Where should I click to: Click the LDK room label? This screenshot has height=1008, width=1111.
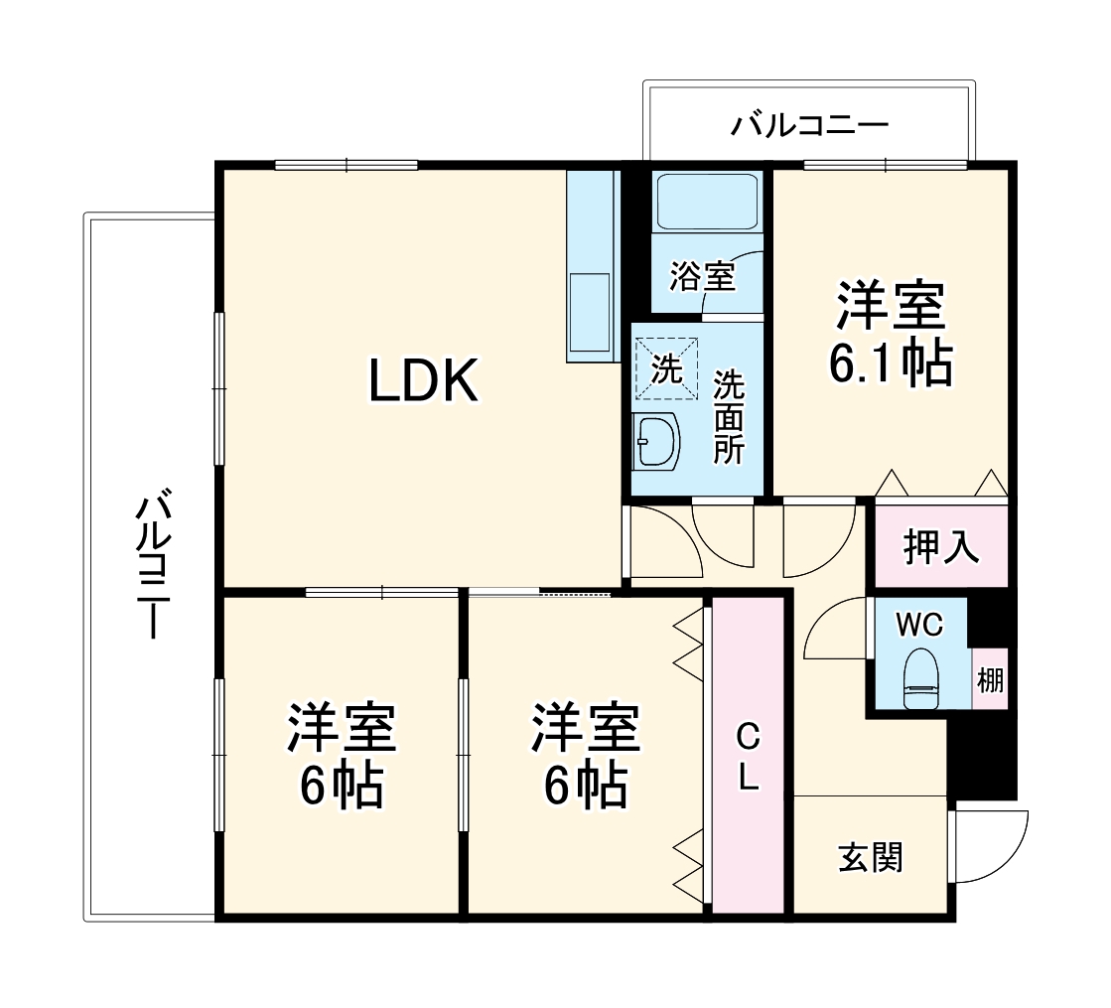(424, 381)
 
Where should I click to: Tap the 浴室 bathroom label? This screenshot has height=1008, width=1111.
(702, 277)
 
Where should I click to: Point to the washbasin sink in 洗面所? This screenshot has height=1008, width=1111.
(656, 440)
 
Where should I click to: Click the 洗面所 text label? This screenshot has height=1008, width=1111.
(730, 417)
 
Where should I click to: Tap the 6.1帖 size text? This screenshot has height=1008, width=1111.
(891, 365)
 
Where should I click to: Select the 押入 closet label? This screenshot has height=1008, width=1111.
(940, 547)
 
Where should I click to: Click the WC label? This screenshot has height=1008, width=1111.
(918, 625)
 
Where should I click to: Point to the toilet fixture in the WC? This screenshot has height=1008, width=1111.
(920, 679)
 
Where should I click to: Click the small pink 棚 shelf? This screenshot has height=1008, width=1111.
(990, 680)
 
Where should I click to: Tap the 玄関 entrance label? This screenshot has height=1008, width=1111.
(871, 857)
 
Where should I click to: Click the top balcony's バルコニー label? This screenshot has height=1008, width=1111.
(809, 126)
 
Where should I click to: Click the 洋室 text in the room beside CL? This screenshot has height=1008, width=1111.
(585, 730)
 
